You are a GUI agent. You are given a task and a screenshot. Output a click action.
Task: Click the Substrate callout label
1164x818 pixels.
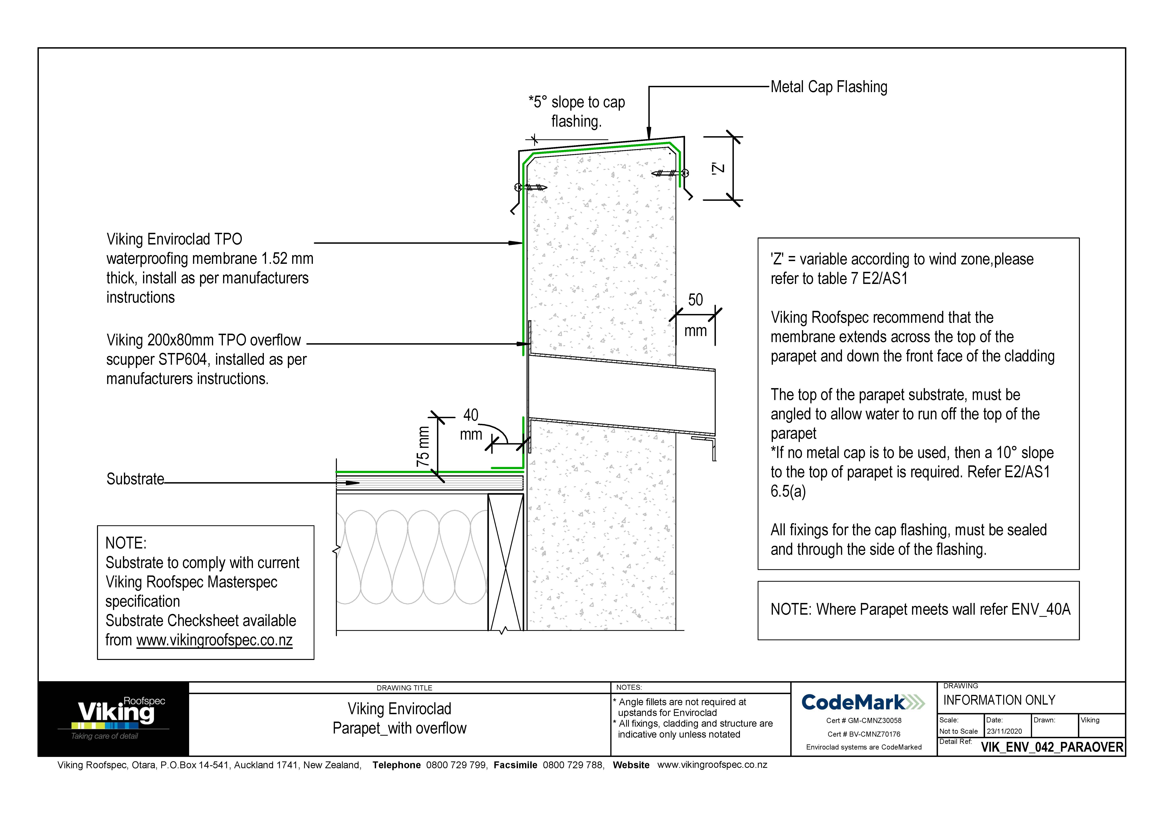point(135,479)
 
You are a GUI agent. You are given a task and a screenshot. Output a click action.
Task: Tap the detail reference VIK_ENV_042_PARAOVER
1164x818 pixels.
point(1052,747)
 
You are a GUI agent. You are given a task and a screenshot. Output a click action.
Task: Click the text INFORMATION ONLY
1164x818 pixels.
point(999,700)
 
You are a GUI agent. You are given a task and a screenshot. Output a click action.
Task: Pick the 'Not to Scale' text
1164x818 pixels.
point(958,731)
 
